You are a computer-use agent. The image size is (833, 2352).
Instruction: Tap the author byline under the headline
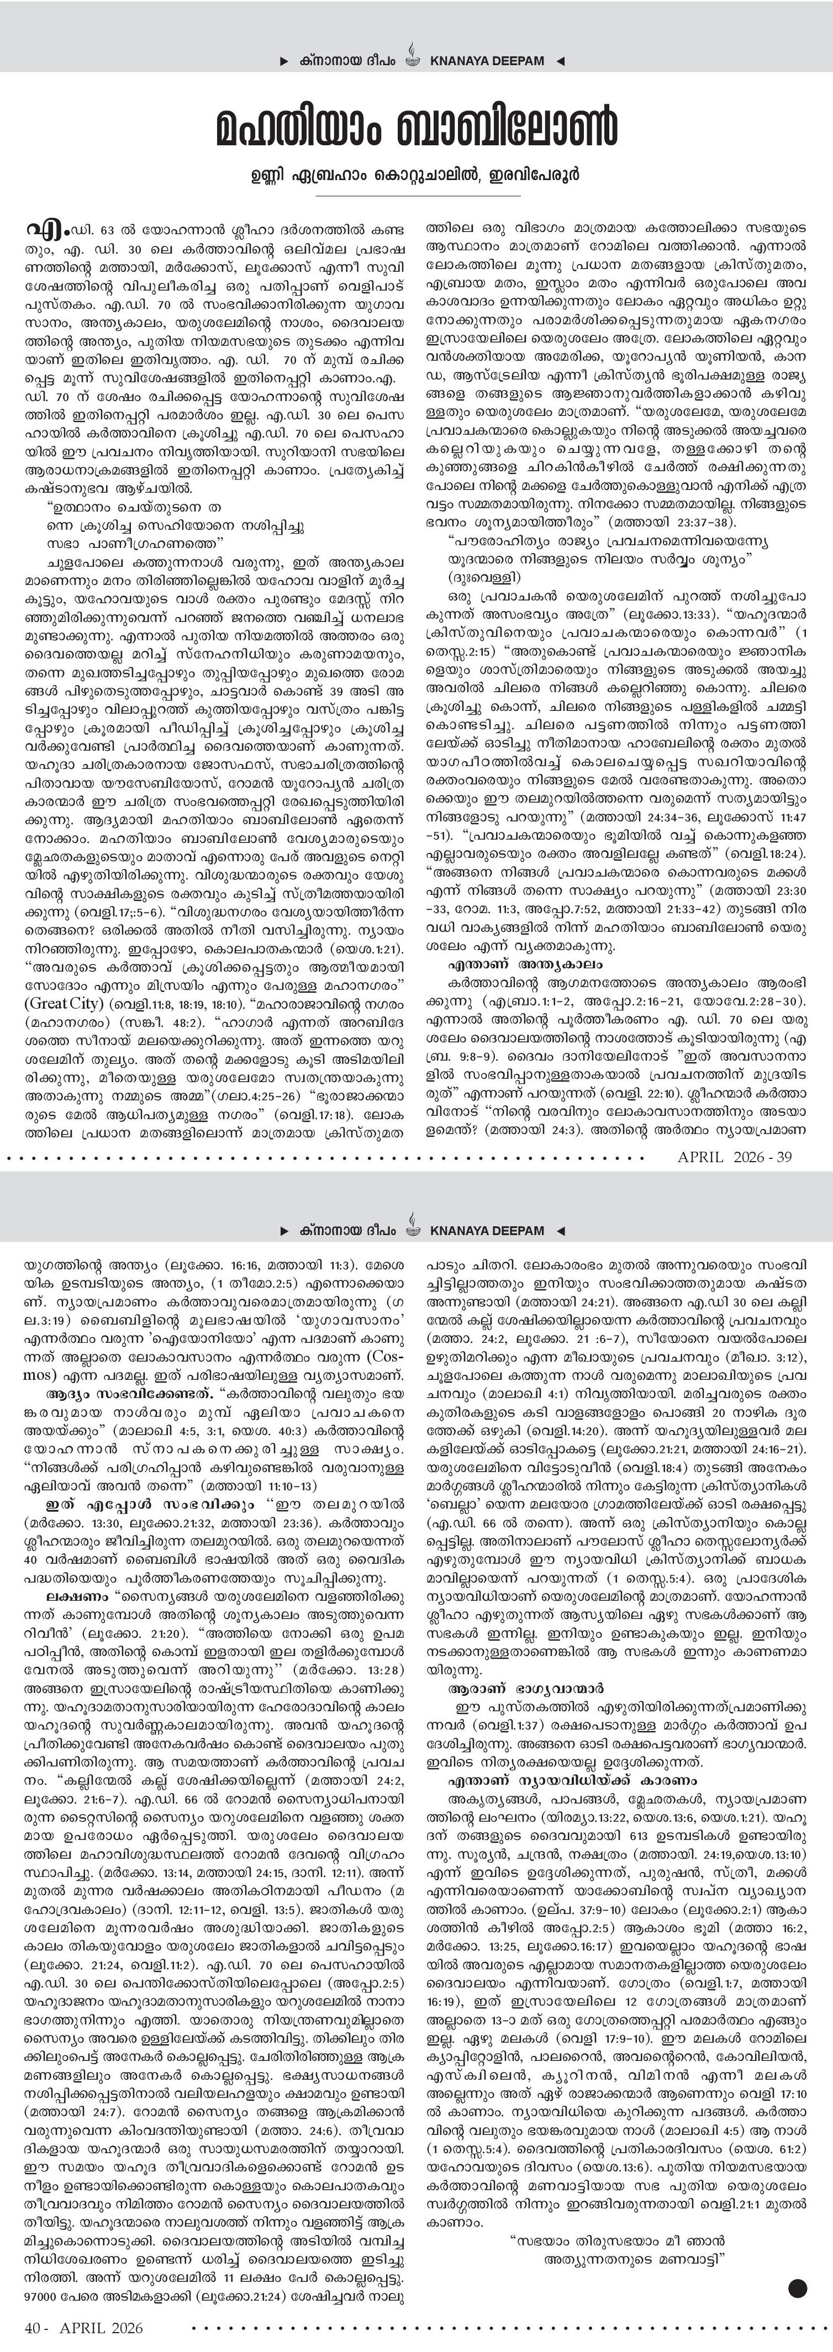(x=416, y=173)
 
